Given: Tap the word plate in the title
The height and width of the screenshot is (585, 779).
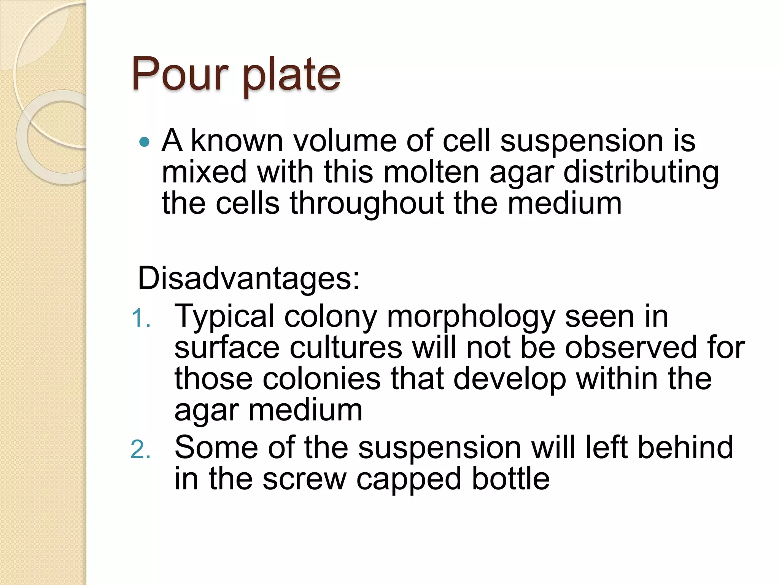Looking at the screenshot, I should tap(291, 75).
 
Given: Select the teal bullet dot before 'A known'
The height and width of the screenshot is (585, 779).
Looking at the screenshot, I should tap(145, 142).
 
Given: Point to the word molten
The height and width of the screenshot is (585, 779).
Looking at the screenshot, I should tap(431, 172).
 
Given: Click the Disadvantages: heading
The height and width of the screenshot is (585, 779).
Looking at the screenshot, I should tap(248, 278).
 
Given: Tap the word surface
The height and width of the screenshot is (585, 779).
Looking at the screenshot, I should tap(227, 348).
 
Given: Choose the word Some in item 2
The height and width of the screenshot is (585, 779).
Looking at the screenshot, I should tap(216, 448).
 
